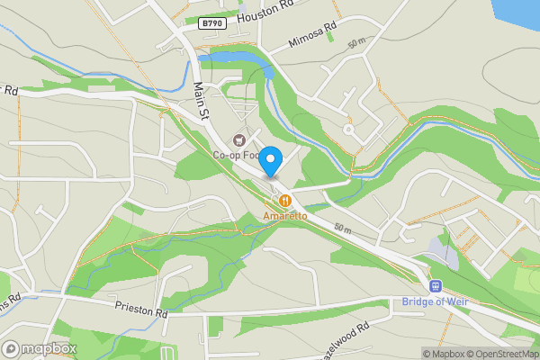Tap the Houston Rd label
[x=265, y=12]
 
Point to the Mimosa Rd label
[x=311, y=35]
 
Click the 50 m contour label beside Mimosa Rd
[x=356, y=42]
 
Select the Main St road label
[x=201, y=100]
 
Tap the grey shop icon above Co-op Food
[x=238, y=139]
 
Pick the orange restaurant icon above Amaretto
[x=285, y=201]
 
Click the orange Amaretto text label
[x=285, y=216]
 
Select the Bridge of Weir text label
[x=436, y=301]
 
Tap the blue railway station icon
[x=436, y=286]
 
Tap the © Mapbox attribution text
[x=444, y=354]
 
